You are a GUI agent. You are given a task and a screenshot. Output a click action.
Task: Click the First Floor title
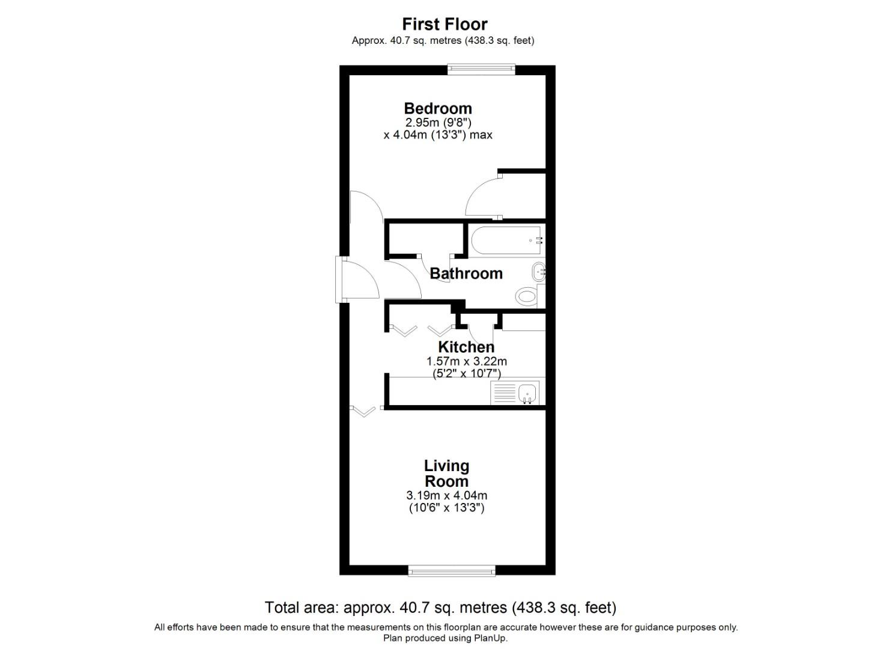click(444, 24)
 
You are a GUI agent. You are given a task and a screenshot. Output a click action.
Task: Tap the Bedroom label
click(438, 108)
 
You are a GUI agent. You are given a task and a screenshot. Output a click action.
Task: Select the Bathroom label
click(466, 273)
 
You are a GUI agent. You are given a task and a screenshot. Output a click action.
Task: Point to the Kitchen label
click(466, 347)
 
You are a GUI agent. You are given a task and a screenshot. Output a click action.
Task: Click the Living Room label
click(446, 474)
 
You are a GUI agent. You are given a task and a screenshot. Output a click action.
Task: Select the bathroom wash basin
click(539, 272)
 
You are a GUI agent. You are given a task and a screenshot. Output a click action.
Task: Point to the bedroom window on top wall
click(481, 70)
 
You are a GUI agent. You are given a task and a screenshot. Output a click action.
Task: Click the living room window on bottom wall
click(452, 570)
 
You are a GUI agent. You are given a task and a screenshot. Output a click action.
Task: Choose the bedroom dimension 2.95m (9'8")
click(438, 122)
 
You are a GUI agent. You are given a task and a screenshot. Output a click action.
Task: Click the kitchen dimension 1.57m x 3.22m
click(467, 361)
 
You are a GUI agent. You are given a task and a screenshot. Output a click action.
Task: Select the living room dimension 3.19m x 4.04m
click(446, 496)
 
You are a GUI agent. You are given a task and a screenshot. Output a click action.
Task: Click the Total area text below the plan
click(440, 608)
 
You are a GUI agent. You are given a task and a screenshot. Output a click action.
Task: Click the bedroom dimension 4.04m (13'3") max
click(438, 135)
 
